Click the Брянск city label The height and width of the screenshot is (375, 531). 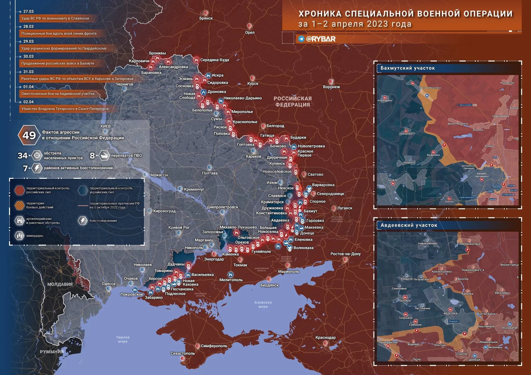click(x=206, y=18)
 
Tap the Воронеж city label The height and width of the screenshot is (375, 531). click(x=331, y=87)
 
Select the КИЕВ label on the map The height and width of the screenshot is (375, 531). click(x=105, y=126)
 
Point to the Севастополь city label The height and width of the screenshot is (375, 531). click(x=183, y=353)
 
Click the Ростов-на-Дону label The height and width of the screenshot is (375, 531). click(x=345, y=254)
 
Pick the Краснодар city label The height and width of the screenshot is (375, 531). click(x=325, y=338)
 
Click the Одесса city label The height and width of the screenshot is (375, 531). click(x=109, y=284)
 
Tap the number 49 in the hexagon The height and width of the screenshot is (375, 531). click(x=29, y=135)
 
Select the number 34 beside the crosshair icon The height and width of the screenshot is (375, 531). click(x=22, y=155)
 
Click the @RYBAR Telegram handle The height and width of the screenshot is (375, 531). click(x=321, y=39)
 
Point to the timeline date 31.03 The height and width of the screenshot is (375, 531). click(x=28, y=72)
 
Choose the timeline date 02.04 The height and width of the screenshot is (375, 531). click(x=28, y=102)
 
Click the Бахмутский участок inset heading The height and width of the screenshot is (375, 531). click(x=407, y=68)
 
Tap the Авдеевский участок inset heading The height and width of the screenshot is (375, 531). click(x=409, y=225)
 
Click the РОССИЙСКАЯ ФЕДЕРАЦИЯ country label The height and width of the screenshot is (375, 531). click(x=292, y=101)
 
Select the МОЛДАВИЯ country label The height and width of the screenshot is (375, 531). click(x=60, y=284)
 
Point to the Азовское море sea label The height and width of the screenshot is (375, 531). click(x=263, y=304)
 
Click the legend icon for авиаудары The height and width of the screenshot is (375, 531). click(x=19, y=235)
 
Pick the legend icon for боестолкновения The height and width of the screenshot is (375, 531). click(x=83, y=220)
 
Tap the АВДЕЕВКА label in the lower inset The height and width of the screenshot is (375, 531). click(x=450, y=314)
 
